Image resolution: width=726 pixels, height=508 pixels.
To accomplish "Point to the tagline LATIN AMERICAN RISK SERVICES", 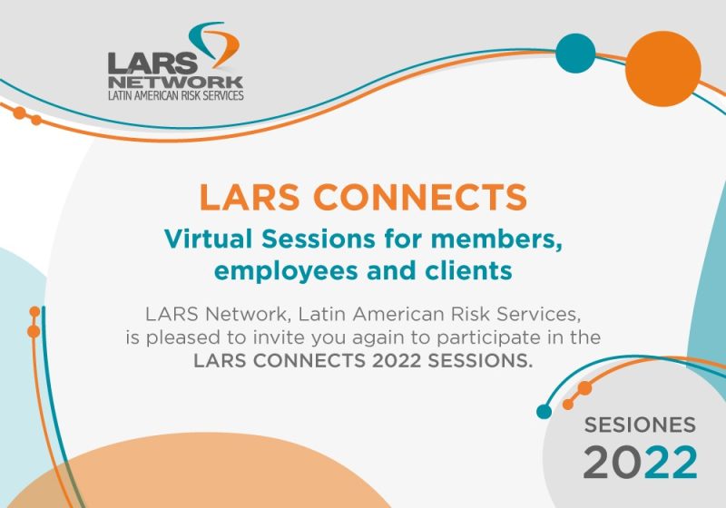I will [175, 95].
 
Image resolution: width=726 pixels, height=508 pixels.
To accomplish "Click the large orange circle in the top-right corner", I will [663, 68].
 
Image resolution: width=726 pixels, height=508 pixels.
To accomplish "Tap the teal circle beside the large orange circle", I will [575, 53].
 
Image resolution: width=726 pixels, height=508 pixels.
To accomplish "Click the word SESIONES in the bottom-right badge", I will [640, 425].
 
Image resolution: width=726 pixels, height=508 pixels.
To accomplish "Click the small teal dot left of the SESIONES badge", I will [544, 411].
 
